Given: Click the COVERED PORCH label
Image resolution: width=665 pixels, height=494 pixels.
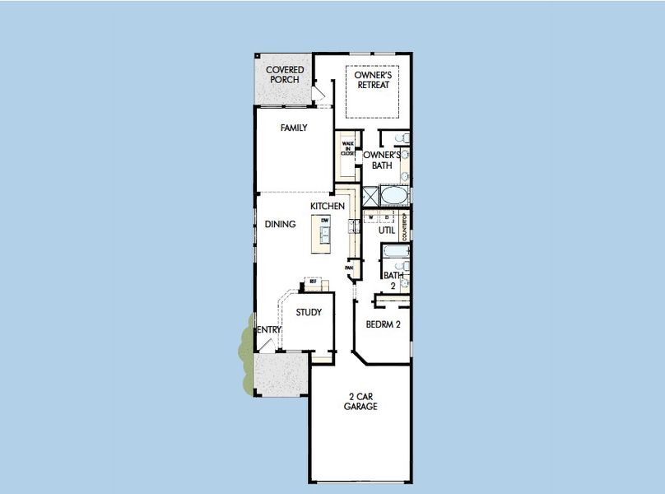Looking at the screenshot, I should click(x=285, y=75).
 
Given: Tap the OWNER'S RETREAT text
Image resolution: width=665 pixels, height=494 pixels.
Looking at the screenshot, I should click(x=372, y=80).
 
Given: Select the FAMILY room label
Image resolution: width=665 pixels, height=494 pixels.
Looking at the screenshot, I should click(x=293, y=128).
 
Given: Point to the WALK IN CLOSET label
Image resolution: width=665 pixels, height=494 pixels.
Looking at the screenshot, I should click(x=347, y=149).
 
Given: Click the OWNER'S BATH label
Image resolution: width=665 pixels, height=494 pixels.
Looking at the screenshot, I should click(x=382, y=160).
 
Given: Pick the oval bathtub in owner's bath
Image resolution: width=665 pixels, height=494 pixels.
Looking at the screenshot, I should click(x=393, y=196).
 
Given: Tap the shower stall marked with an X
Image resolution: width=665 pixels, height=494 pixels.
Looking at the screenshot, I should click(x=370, y=196).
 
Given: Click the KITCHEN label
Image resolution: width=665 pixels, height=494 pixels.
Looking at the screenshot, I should click(x=327, y=205).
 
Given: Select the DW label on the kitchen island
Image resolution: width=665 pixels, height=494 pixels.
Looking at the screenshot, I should click(x=325, y=221).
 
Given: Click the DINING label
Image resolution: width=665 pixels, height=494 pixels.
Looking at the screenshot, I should click(x=280, y=224).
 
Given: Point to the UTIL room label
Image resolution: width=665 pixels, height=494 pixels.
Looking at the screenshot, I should click(x=387, y=231).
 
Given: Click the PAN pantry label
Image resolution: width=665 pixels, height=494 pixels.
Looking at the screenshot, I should click(x=349, y=268).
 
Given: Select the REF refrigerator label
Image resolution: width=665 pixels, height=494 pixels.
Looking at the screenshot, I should click(x=313, y=282).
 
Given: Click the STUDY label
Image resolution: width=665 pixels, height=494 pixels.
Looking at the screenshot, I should click(x=309, y=312).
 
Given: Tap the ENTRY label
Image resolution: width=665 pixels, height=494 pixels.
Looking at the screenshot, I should click(x=270, y=330).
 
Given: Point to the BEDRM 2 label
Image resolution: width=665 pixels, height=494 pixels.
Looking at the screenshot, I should click(x=384, y=324).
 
